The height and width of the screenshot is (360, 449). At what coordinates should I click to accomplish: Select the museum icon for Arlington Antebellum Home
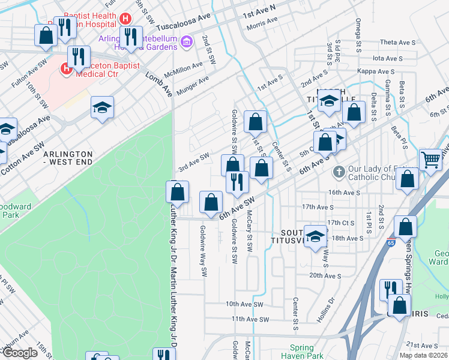187,41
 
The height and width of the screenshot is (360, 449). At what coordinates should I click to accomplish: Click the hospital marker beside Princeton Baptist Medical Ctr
65,69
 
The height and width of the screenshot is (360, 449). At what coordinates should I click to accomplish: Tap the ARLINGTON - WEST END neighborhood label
68,158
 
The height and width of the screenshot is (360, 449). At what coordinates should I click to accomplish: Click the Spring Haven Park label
302,352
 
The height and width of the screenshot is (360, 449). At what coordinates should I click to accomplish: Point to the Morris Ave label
262,20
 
